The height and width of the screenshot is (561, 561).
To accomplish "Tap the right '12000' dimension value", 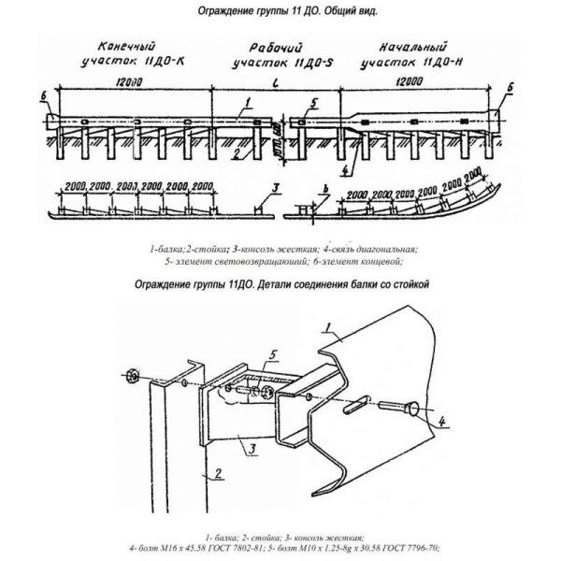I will (410, 83).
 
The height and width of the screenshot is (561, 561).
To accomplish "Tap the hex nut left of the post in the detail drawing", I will (133, 377).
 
